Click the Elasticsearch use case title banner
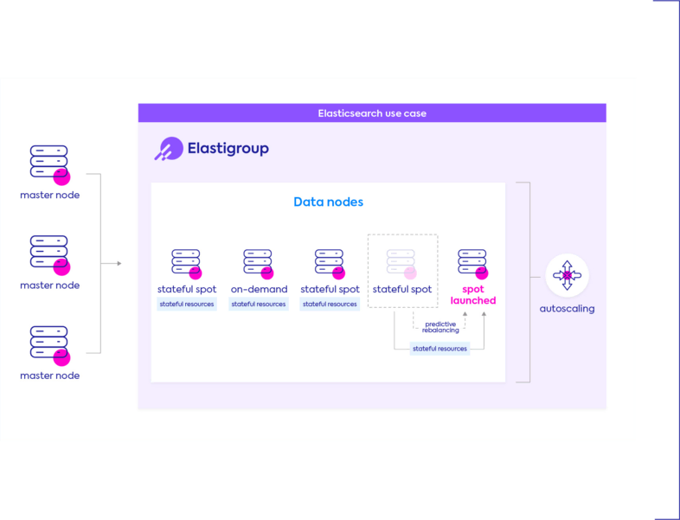(x=372, y=113)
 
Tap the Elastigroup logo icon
(x=168, y=149)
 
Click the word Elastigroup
(x=228, y=149)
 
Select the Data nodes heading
(x=328, y=202)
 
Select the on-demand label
(x=259, y=289)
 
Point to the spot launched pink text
(x=473, y=295)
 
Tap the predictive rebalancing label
(x=440, y=326)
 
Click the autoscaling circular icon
(x=567, y=276)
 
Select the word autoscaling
(x=567, y=308)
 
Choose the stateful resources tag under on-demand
(x=259, y=305)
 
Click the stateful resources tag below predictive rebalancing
(x=439, y=349)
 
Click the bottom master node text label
(x=49, y=376)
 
